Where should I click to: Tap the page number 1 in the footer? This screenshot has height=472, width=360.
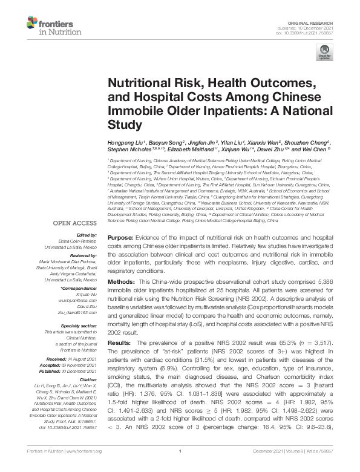[180, 465]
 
